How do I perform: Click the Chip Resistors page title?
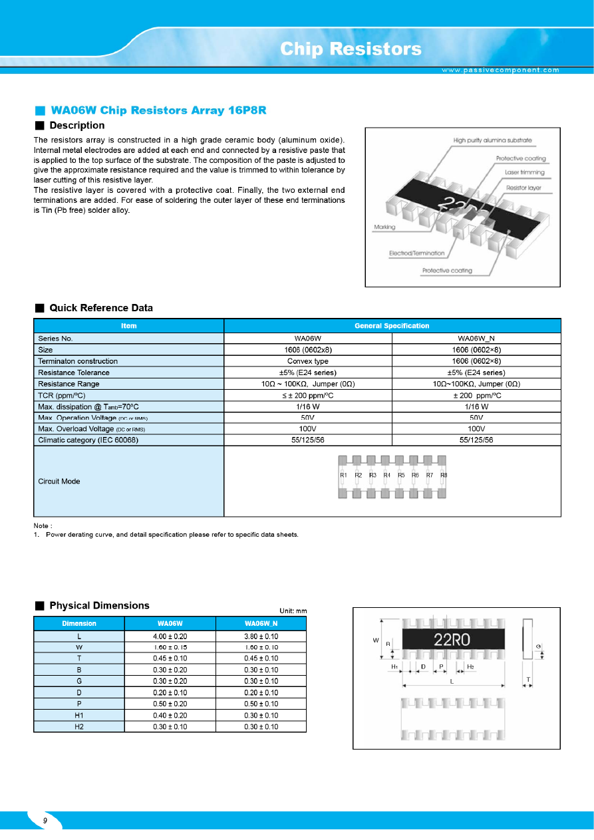[x=351, y=49]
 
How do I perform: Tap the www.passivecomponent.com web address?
[x=500, y=70]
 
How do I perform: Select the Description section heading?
[x=76, y=126]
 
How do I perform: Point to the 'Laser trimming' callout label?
[x=524, y=172]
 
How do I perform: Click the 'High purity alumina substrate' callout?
[x=492, y=140]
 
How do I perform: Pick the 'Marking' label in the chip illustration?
[x=384, y=227]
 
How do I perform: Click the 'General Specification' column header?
[x=392, y=326]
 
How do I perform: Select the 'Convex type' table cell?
[x=308, y=361]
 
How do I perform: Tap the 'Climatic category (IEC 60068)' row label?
[x=88, y=440]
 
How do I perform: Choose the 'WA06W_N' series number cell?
[x=476, y=338]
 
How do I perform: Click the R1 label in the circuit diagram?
[x=343, y=475]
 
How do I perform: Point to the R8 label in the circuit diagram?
[x=444, y=475]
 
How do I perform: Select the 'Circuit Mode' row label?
[x=59, y=481]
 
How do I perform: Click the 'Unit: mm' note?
[x=293, y=611]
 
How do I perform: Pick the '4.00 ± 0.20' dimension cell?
[x=170, y=636]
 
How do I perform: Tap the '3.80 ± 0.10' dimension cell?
[x=261, y=636]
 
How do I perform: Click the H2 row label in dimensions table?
[x=79, y=727]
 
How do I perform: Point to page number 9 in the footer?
[x=45, y=821]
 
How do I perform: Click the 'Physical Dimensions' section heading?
[x=99, y=606]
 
